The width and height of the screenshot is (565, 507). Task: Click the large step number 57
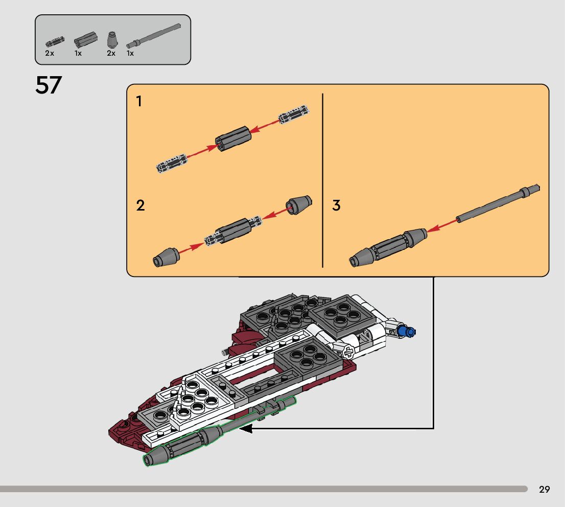pyautogui.click(x=48, y=85)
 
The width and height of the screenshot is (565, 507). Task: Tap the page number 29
pyautogui.click(x=544, y=490)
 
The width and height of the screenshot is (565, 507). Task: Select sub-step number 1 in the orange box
pyautogui.click(x=139, y=102)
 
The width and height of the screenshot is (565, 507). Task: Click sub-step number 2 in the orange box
pyautogui.click(x=140, y=206)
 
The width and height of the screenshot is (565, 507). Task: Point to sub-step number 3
pyautogui.click(x=336, y=206)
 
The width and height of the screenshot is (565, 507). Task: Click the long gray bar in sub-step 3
pyautogui.click(x=498, y=204)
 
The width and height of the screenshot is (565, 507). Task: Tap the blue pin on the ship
pyautogui.click(x=409, y=332)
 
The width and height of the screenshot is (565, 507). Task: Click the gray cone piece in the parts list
pyautogui.click(x=111, y=40)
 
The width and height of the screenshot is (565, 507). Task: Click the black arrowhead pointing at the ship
pyautogui.click(x=246, y=429)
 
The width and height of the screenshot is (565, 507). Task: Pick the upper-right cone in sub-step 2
pyautogui.click(x=299, y=204)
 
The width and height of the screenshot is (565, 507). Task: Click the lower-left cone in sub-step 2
pyautogui.click(x=165, y=257)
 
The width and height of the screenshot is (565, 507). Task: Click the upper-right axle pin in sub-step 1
pyautogui.click(x=294, y=114)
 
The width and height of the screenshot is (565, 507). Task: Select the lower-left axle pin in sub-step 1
pyautogui.click(x=171, y=163)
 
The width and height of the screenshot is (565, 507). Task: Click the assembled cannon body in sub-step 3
pyautogui.click(x=388, y=246)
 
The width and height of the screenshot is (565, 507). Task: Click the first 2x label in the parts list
pyautogui.click(x=50, y=53)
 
